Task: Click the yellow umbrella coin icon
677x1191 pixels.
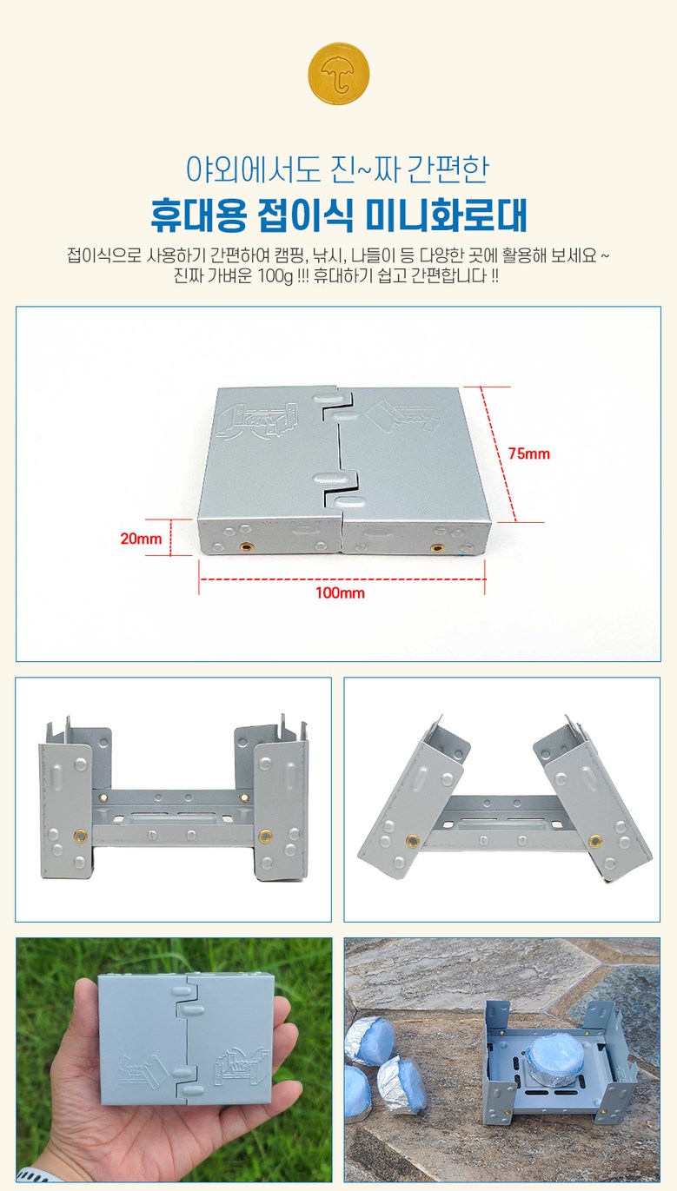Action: [339, 73]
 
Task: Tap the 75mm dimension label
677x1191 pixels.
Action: [528, 453]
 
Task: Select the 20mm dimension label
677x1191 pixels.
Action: [141, 539]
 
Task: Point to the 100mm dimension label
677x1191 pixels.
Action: [341, 592]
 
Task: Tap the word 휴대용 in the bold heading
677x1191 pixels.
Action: [198, 215]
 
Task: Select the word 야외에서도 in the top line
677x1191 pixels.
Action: [253, 169]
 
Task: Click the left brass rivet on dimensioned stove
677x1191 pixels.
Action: [247, 546]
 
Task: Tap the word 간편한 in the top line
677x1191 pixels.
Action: [448, 169]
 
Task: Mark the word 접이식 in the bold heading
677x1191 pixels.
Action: [305, 215]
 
